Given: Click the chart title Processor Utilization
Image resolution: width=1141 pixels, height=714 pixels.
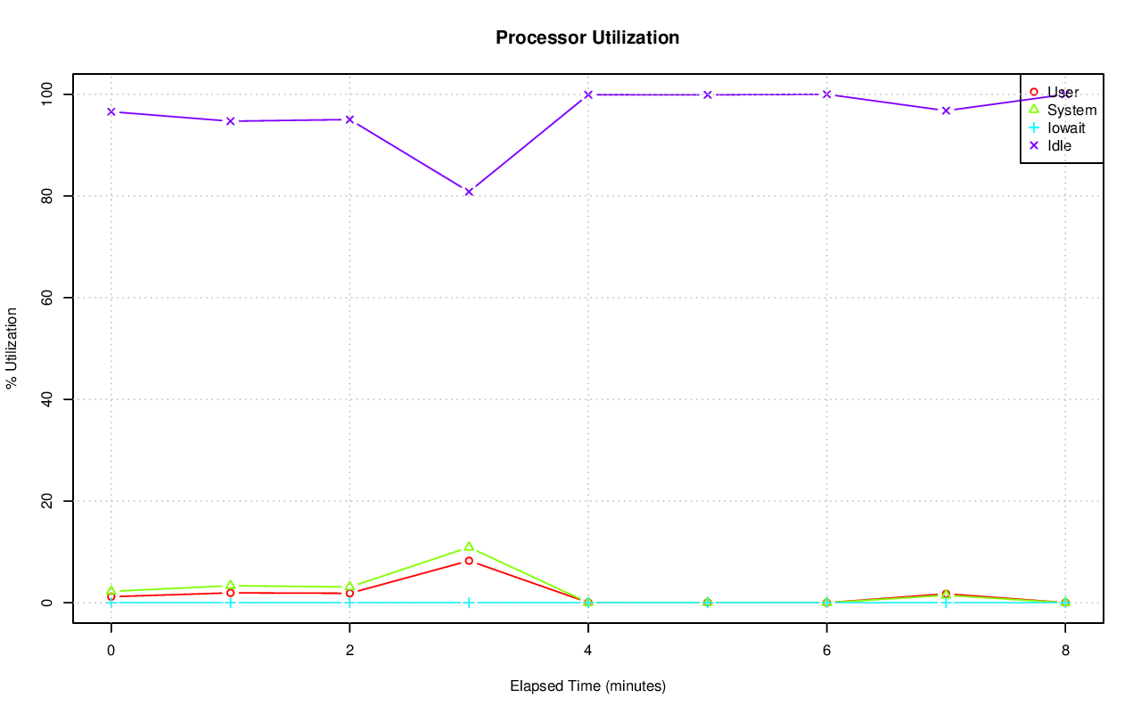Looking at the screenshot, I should (x=587, y=37).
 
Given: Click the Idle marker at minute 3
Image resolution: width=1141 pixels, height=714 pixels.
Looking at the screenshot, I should (x=469, y=192).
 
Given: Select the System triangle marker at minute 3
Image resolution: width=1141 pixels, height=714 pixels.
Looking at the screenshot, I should (x=469, y=546).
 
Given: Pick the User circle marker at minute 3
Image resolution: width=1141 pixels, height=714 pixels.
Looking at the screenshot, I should (x=469, y=561).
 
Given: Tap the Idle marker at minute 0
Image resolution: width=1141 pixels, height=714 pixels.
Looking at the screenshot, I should (x=111, y=111).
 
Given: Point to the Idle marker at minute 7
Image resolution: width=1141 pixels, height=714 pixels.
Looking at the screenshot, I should (x=946, y=111).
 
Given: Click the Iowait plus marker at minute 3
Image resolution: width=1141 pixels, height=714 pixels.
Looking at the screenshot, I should (x=469, y=603).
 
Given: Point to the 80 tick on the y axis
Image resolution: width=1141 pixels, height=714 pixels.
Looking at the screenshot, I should (x=46, y=196).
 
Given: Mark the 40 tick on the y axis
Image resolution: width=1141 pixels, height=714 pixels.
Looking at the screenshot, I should (x=46, y=399).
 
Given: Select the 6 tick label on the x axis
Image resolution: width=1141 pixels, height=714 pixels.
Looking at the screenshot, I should (x=826, y=650).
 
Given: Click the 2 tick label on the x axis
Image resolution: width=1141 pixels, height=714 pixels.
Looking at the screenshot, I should (x=349, y=650).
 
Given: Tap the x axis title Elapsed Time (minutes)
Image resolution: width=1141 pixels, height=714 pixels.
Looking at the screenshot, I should (x=587, y=685).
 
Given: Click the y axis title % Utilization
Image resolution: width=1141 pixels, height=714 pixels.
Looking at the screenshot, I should (x=12, y=349).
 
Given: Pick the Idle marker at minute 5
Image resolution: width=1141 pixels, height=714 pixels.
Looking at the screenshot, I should (x=708, y=94).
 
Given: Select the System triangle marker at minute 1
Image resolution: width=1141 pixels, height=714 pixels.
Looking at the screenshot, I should (x=230, y=586).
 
